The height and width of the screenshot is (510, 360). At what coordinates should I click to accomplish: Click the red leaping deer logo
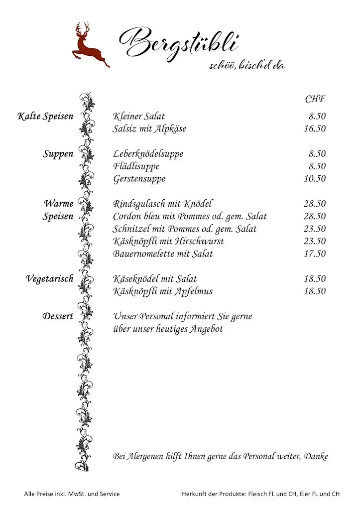click(x=91, y=46)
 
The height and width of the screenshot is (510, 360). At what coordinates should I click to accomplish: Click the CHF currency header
click(x=315, y=99)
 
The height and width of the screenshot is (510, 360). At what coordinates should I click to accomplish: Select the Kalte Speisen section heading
click(x=45, y=117)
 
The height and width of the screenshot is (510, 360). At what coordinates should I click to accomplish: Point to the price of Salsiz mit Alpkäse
click(x=315, y=129)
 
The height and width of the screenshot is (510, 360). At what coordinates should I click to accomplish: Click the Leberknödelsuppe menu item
click(x=148, y=154)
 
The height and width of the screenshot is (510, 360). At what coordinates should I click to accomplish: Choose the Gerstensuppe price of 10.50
click(x=315, y=179)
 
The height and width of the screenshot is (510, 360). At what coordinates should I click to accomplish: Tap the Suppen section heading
click(x=58, y=154)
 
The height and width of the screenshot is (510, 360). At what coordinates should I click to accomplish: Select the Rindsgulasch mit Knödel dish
click(x=162, y=204)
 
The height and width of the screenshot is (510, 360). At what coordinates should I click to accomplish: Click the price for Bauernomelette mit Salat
click(x=315, y=254)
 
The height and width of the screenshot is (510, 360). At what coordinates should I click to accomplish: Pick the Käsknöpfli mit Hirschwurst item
click(x=168, y=241)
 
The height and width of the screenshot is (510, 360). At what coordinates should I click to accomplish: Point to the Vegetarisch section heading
click(x=49, y=279)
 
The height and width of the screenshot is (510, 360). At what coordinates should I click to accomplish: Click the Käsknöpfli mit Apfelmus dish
click(x=163, y=291)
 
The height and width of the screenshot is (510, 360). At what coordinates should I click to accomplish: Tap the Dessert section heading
click(x=58, y=316)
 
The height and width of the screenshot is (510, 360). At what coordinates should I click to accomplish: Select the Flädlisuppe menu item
click(x=136, y=166)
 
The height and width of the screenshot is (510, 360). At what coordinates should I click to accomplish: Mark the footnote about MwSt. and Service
click(x=72, y=494)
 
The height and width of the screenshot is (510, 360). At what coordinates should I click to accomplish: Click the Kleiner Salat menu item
click(x=139, y=117)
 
